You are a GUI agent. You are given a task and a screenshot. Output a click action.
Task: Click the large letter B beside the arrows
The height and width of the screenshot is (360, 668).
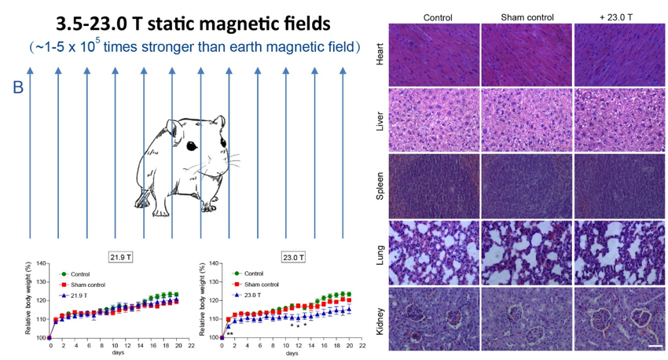tap(18, 86)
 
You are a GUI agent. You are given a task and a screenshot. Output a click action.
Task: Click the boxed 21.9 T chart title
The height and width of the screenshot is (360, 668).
tap(119, 256)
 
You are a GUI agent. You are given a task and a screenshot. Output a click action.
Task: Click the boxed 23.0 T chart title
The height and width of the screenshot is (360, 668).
tap(292, 256)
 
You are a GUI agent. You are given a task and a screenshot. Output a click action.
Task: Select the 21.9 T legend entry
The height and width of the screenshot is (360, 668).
tap(83, 295)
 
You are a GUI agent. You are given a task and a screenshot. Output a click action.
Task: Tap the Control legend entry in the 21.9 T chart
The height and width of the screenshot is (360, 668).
tap(79, 274)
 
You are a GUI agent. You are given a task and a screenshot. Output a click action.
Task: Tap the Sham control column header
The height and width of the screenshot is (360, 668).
tap(527, 17)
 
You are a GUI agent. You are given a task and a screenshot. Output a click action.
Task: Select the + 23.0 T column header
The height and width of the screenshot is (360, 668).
tap(619, 17)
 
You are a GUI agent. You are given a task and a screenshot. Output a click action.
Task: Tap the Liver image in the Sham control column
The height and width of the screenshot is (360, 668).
tap(527, 119)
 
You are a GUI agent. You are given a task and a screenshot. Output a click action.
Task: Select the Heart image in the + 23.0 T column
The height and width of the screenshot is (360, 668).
tap(619, 53)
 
